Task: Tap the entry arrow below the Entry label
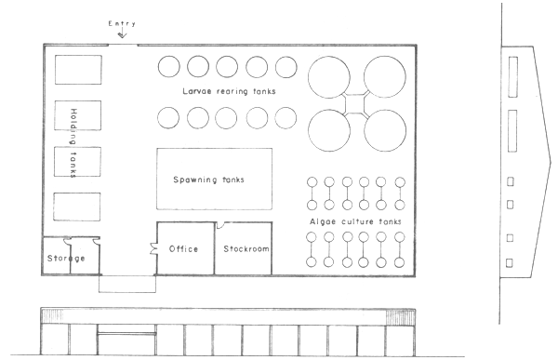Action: pyautogui.click(x=122, y=35)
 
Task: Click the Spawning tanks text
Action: pyautogui.click(x=214, y=179)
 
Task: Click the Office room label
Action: pyautogui.click(x=184, y=248)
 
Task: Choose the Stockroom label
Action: pyautogui.click(x=245, y=248)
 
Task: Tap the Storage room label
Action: pyautogui.click(x=67, y=258)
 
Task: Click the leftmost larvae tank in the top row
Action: pyautogui.click(x=168, y=67)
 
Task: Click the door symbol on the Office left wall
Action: pyautogui.click(x=154, y=247)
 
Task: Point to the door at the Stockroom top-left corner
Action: pyautogui.click(x=219, y=226)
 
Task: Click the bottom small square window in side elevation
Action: pyautogui.click(x=509, y=263)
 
